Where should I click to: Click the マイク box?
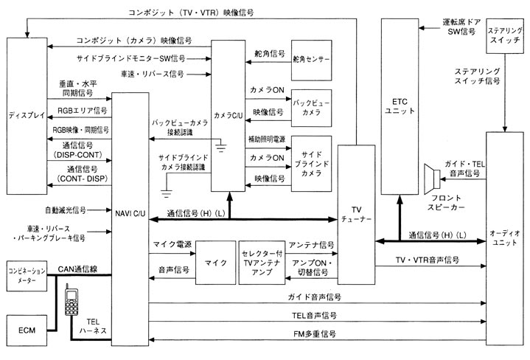point(215,261)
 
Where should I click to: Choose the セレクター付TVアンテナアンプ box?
point(259,261)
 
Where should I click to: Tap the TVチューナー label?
point(355,214)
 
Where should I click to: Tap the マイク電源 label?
point(172,244)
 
